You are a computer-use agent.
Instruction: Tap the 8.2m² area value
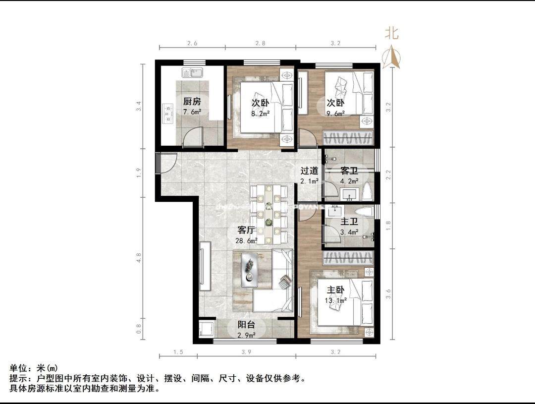coord(260,113)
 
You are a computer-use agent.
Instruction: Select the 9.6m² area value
coord(335,113)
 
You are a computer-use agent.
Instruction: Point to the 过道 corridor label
coord(309,171)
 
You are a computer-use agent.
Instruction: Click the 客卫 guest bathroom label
coord(350,171)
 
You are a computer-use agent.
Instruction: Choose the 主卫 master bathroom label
coord(349,222)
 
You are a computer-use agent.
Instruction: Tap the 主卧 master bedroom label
coord(335,289)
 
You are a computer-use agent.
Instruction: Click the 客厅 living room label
coord(247,231)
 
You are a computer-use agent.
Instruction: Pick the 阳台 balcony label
coord(246,325)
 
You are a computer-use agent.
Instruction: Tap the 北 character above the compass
coord(392,33)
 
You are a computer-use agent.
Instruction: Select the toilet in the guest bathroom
coord(367,191)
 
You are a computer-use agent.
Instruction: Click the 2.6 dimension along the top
coord(192,43)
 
